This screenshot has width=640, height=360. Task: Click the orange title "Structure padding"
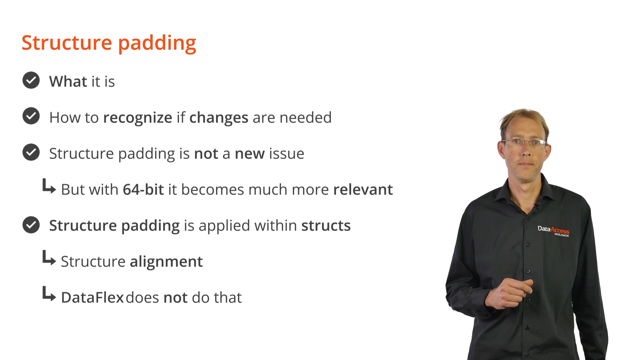coord(109,43)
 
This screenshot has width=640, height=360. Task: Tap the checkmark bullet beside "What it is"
coord(31,80)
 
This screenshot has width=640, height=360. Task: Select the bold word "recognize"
coord(138,118)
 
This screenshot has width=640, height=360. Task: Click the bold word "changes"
coord(219,118)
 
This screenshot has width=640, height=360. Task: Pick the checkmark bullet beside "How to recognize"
coord(31,116)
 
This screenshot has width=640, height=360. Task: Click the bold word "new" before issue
coord(250,154)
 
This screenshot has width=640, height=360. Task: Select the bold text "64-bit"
coord(143,189)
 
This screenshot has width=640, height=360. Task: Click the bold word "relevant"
coord(363,189)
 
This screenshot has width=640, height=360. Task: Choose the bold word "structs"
coord(326,225)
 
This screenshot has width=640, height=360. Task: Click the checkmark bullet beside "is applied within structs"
coord(31,225)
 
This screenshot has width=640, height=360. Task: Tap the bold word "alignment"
coord(166,262)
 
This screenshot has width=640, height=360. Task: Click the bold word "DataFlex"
coord(92,297)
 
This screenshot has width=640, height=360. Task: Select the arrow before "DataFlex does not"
coord(49,294)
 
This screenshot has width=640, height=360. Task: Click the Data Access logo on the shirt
coord(554,231)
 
